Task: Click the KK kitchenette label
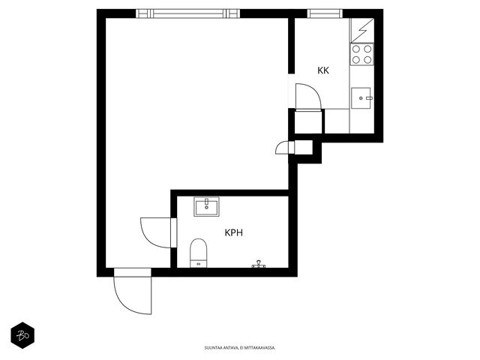323,70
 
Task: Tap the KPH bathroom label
234,232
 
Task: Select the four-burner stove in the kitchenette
361,54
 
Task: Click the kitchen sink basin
361,98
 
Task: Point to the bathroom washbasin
207,207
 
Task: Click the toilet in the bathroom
199,253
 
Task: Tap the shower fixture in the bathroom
259,264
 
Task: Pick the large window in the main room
188,13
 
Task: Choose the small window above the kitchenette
325,13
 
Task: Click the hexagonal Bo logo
22,335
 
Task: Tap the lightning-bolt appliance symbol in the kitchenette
363,31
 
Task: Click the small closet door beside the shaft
292,147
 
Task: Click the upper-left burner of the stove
356,49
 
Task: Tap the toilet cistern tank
199,264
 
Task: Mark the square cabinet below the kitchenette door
308,121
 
